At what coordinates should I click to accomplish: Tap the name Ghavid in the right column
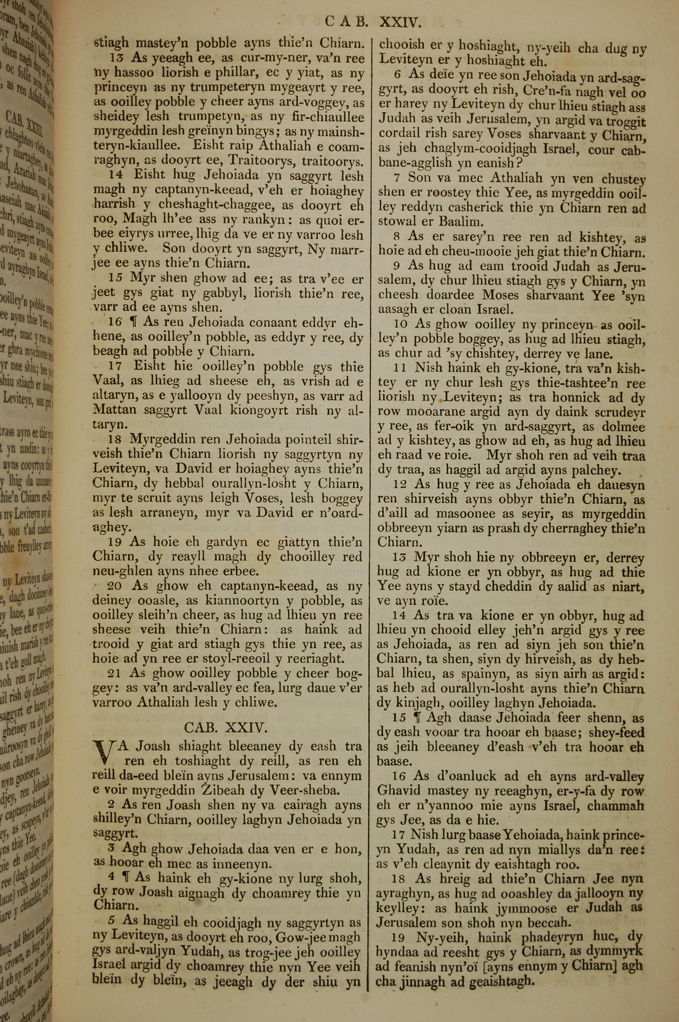398,791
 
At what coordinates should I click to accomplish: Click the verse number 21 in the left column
115,674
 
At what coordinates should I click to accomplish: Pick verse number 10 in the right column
401,324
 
